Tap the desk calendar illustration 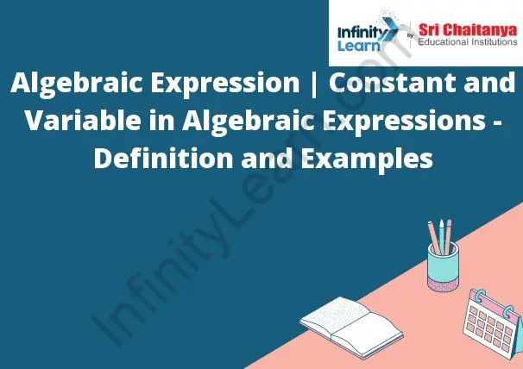click(491, 318)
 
